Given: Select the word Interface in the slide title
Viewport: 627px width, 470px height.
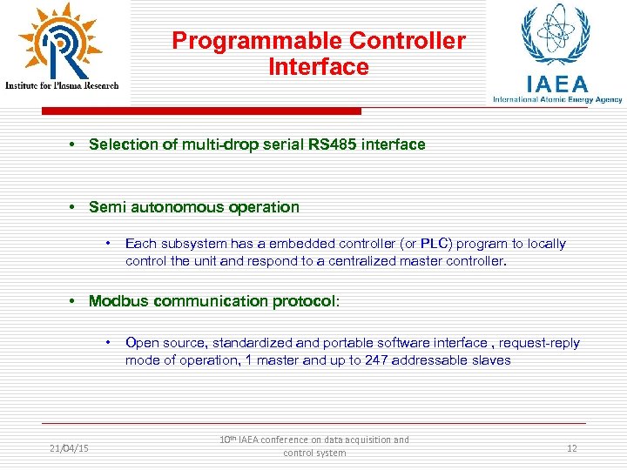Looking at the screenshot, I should click(x=319, y=67).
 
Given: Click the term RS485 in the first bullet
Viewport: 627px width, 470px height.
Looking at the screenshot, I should click(x=331, y=144).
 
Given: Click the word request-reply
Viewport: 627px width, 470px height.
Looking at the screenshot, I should click(x=537, y=343).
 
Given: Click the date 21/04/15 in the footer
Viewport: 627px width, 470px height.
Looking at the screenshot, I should click(x=69, y=447).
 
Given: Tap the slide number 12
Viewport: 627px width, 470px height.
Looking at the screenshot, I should click(x=571, y=447).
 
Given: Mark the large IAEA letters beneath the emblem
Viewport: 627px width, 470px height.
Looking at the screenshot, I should click(x=556, y=84).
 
